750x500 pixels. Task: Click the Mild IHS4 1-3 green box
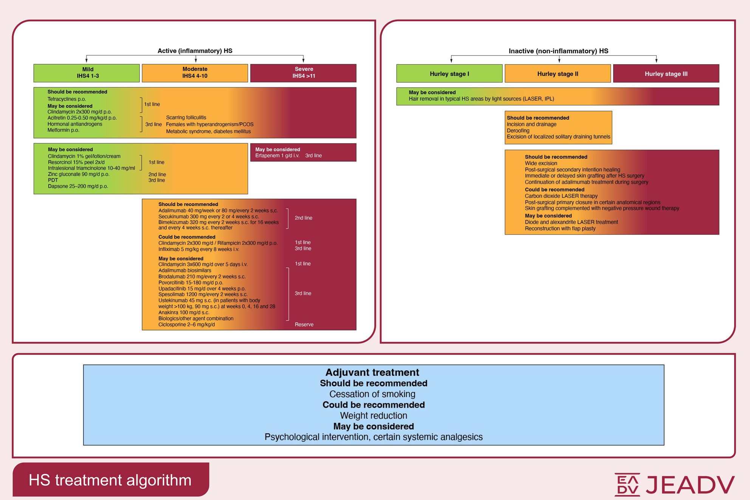click(87, 73)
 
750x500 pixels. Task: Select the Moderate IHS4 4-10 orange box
click(195, 73)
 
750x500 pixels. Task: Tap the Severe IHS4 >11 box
click(303, 73)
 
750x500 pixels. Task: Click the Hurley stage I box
click(449, 74)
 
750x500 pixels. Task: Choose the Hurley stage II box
click(558, 74)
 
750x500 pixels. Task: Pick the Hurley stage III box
click(666, 74)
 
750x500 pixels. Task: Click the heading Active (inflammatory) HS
click(195, 51)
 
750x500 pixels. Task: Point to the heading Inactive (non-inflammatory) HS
click(558, 51)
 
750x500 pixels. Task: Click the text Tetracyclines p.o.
click(67, 99)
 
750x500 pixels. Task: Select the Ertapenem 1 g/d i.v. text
click(277, 156)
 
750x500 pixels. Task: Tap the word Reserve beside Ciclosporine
click(304, 325)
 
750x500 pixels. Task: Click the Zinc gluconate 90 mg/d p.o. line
click(78, 174)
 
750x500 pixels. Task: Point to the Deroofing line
click(518, 131)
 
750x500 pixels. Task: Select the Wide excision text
click(541, 163)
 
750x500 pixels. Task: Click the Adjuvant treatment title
click(372, 373)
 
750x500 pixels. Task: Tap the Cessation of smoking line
click(372, 394)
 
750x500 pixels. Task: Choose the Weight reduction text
click(373, 416)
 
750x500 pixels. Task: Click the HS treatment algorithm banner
click(110, 480)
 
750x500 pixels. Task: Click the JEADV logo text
click(690, 485)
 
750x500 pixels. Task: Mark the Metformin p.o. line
click(63, 130)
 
